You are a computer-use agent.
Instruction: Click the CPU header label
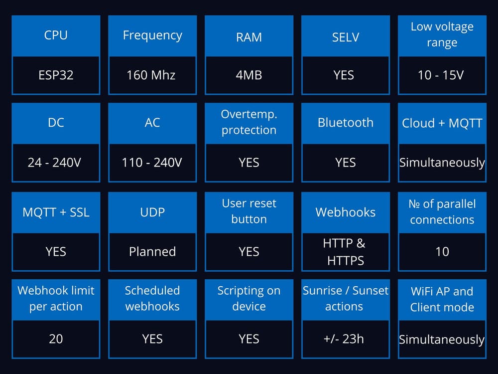56,35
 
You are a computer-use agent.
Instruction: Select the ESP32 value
56,75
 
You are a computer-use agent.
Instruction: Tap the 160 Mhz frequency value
151,75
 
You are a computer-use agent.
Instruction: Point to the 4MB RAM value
249,75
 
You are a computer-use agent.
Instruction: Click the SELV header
346,37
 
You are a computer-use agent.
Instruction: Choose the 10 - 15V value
441,75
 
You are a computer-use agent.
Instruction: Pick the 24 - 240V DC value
54,163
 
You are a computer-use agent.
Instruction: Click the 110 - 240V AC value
152,163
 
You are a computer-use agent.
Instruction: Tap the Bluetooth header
346,123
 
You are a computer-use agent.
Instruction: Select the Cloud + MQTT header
442,123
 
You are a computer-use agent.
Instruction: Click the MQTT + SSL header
56,212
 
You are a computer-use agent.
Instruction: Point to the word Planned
152,251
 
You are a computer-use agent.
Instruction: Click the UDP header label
152,212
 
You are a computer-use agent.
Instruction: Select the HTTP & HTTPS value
345,252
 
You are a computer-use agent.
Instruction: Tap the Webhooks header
346,212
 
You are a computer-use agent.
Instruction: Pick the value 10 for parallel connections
442,251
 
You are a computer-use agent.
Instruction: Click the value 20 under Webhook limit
56,339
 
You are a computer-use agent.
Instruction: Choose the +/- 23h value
344,339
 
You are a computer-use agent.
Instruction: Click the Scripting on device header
249,298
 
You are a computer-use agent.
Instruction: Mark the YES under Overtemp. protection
249,163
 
